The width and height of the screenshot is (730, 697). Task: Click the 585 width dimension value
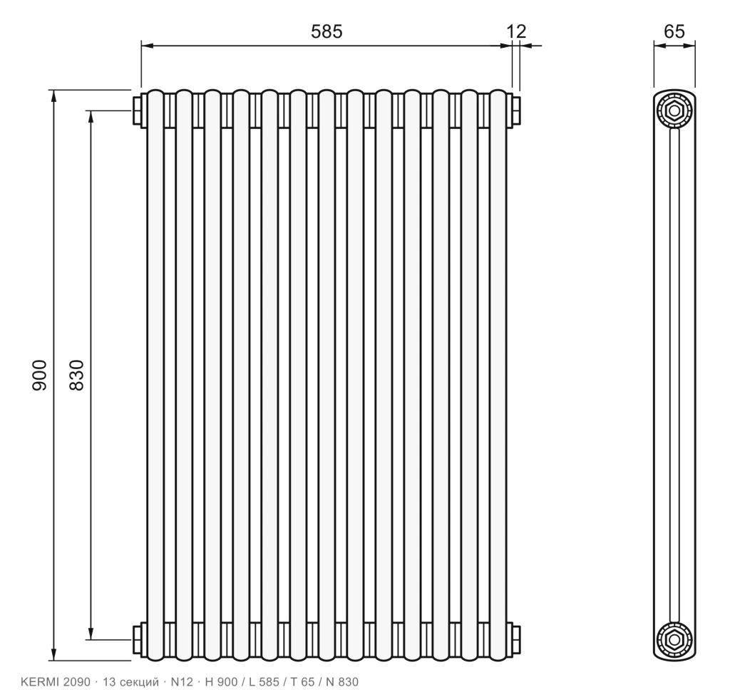[x=327, y=31]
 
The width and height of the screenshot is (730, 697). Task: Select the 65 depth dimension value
[x=674, y=31]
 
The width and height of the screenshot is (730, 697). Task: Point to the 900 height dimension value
[x=40, y=375]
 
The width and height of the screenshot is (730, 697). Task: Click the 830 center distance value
[x=76, y=375]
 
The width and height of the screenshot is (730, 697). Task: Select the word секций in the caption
[x=139, y=683]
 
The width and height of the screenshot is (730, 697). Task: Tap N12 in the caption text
[x=182, y=682]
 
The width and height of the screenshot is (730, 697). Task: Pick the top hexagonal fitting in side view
[x=674, y=111]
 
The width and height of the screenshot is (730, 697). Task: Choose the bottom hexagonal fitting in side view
[x=674, y=640]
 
